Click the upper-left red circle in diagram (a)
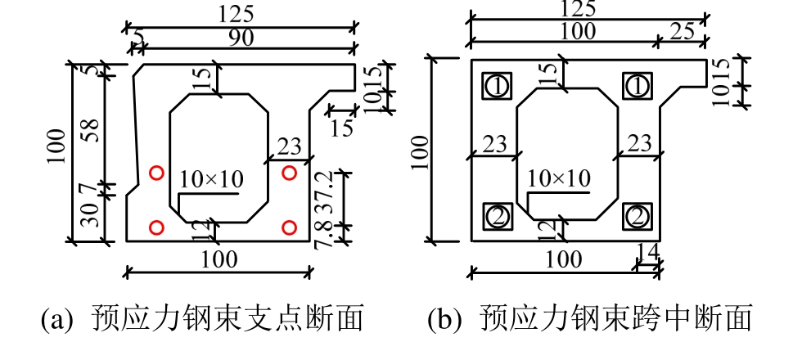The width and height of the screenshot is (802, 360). click(x=156, y=172)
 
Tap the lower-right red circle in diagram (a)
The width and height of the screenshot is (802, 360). click(x=288, y=227)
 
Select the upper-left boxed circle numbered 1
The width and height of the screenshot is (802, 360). click(x=497, y=85)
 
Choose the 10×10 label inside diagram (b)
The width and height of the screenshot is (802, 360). click(x=560, y=178)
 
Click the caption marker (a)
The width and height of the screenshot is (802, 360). click(x=58, y=318)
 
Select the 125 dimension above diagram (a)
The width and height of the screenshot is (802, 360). click(x=237, y=15)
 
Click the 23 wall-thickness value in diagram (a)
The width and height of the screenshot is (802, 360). click(x=288, y=145)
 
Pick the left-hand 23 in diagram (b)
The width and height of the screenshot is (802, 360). click(x=494, y=143)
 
